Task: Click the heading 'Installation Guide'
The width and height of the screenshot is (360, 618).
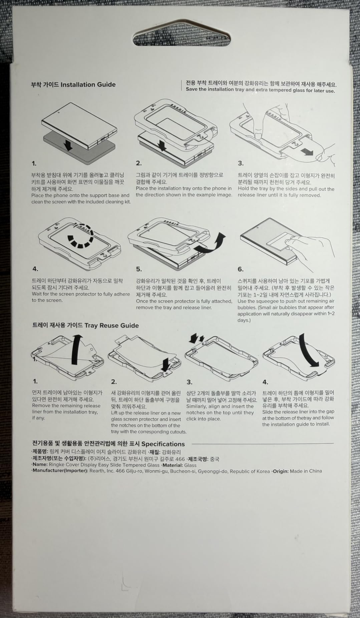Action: [88, 84]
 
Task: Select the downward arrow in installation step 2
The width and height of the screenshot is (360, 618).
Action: [162, 145]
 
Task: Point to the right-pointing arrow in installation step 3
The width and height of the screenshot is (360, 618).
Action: [307, 152]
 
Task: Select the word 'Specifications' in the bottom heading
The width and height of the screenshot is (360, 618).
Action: [163, 444]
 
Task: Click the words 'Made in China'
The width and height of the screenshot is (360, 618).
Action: [306, 471]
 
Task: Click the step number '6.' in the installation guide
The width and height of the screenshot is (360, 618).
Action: [241, 269]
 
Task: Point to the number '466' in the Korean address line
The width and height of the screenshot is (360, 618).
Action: [180, 459]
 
